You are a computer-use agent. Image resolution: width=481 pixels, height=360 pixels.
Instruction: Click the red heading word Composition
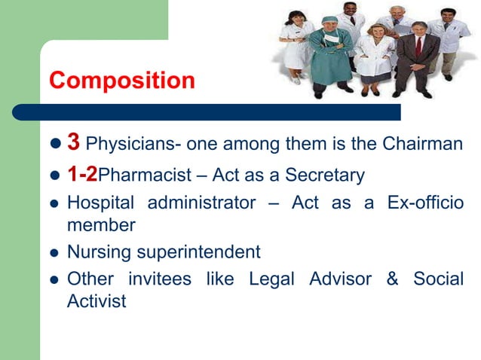(x=121, y=80)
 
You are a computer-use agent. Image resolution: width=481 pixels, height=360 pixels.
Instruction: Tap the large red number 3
(x=73, y=142)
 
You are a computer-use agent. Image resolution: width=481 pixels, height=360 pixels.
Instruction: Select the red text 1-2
(x=82, y=175)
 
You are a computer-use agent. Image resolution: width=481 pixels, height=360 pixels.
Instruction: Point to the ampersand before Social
(x=391, y=279)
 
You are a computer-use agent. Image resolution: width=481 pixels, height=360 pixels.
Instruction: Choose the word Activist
(x=96, y=302)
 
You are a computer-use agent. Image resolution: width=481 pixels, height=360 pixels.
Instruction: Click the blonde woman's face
(x=375, y=33)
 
